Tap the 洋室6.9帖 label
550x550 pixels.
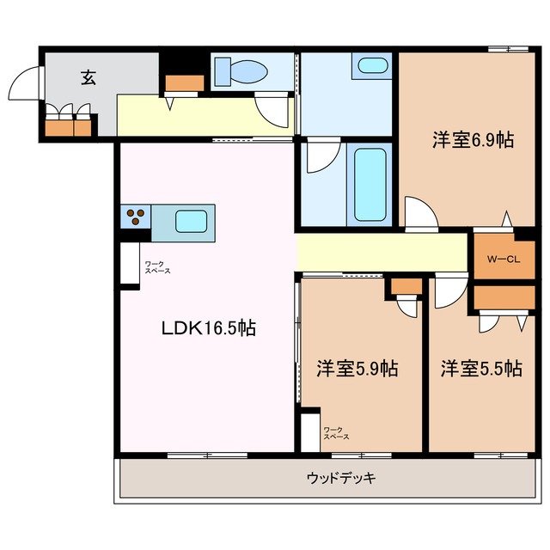point(472,140)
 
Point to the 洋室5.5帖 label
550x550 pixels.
point(481,370)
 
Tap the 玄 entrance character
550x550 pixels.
point(88,76)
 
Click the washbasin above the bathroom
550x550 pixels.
point(371,65)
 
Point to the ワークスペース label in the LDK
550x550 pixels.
point(157,267)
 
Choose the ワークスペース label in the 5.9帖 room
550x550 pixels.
point(336,434)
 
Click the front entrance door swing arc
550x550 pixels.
point(23,86)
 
